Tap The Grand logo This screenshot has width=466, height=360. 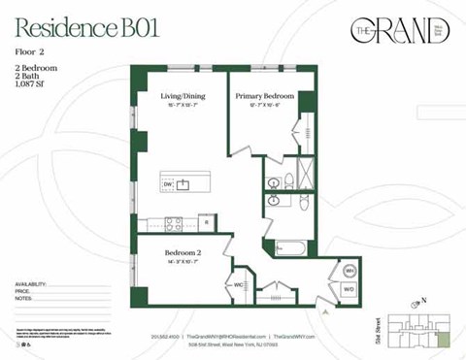[399, 31]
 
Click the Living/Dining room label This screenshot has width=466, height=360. [182, 96]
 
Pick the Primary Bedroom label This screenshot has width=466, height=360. [264, 96]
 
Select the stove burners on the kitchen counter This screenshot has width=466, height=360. [173, 222]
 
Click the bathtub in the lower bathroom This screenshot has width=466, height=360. [288, 247]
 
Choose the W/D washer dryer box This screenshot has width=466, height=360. [349, 289]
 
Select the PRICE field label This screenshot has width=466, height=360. [23, 291]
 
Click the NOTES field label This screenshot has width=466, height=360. [24, 299]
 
